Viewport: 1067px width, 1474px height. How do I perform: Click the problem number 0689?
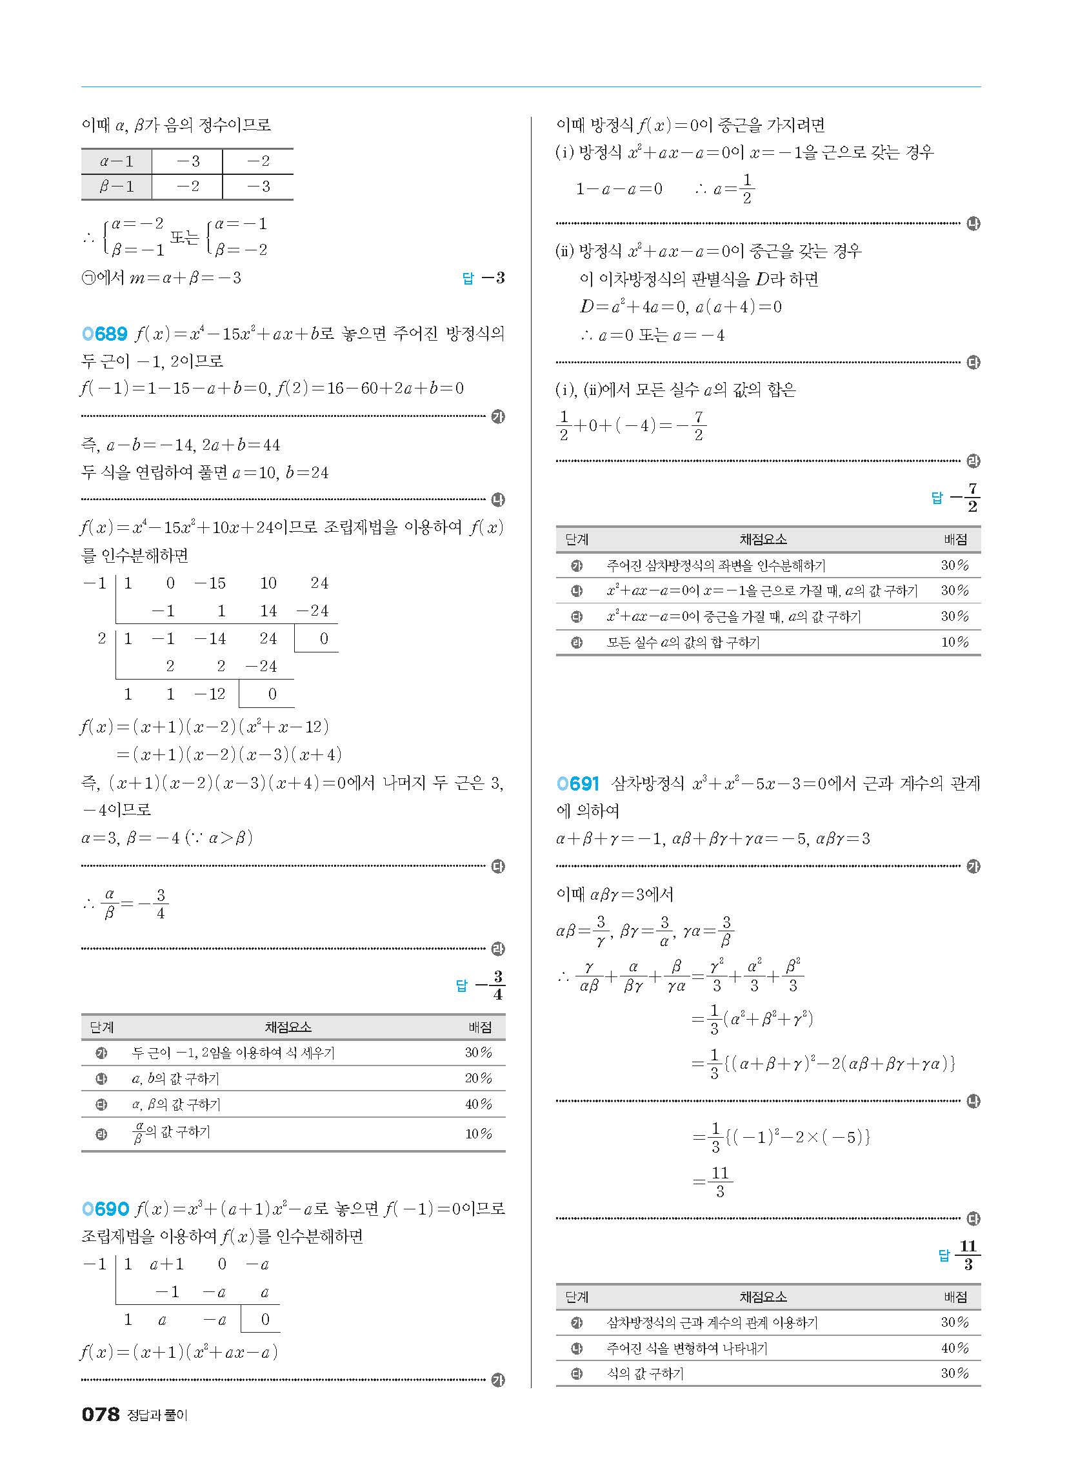coord(105,334)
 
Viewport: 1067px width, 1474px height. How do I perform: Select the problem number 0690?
coord(105,1209)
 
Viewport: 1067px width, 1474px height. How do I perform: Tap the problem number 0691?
coord(577,784)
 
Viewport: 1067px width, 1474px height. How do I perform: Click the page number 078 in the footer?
coord(101,1415)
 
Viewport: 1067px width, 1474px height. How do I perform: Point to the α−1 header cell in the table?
coord(116,161)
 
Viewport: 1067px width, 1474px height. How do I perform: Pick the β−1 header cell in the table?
coord(116,187)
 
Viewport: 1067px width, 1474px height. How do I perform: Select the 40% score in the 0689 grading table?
coord(478,1104)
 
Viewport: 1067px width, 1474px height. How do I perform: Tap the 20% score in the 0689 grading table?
coord(478,1078)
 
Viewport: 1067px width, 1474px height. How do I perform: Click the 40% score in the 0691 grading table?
coord(955,1348)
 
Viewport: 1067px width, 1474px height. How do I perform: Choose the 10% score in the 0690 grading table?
coord(955,642)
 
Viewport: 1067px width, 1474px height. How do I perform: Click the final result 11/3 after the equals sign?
coord(719,1182)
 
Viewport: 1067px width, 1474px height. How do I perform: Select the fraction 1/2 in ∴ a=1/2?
coord(746,189)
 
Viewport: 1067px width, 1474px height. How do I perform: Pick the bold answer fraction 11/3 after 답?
coord(968,1255)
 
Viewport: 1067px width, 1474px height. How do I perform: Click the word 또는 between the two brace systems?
coord(184,237)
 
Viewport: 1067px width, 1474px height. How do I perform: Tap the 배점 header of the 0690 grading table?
coord(955,540)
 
